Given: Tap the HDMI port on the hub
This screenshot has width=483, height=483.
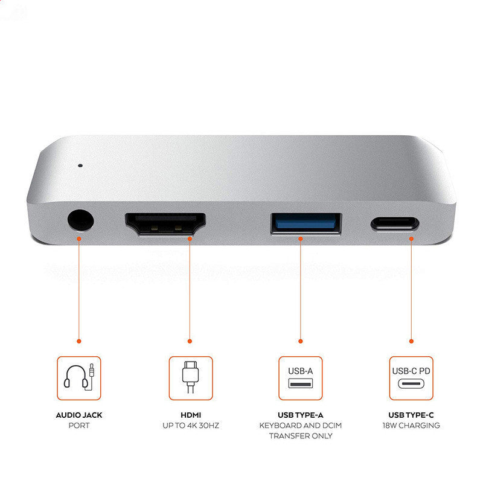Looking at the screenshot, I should [x=165, y=224].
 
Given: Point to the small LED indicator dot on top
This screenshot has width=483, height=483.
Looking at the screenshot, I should [x=80, y=164].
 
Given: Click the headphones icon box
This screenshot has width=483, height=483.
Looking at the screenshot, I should [x=79, y=378].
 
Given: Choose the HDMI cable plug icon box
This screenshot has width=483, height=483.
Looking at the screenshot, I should [x=190, y=378].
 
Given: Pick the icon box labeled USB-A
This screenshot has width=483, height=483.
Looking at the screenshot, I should [x=301, y=378].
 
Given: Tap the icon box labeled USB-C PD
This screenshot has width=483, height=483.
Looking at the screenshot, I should [x=411, y=378].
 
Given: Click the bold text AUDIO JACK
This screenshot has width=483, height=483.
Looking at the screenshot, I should [x=79, y=415].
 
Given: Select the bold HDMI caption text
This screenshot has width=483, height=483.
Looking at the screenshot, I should [x=190, y=415].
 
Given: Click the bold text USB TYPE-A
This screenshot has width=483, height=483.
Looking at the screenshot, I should [x=301, y=415].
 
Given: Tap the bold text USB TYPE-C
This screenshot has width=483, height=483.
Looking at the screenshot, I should [x=411, y=415].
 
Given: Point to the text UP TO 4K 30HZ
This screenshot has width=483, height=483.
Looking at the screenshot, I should [x=190, y=426].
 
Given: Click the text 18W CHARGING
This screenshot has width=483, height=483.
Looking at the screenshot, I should [x=411, y=426].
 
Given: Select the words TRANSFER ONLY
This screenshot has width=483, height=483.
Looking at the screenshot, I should [x=301, y=436].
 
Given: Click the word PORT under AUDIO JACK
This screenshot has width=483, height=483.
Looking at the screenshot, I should [x=79, y=426].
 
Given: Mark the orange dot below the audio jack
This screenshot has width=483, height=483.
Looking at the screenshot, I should [x=79, y=341].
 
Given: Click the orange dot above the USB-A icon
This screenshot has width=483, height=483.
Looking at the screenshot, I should [x=301, y=341].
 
